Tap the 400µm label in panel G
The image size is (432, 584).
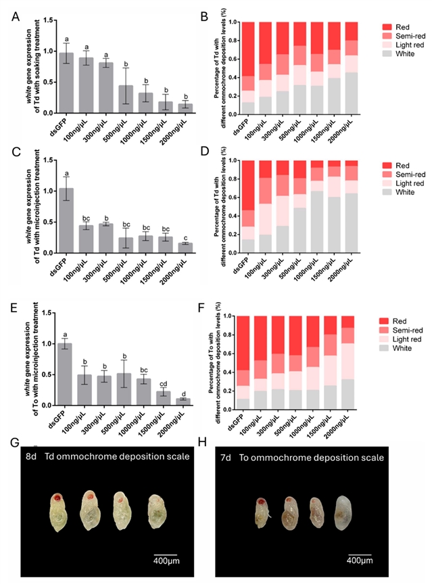[x=162, y=562]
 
